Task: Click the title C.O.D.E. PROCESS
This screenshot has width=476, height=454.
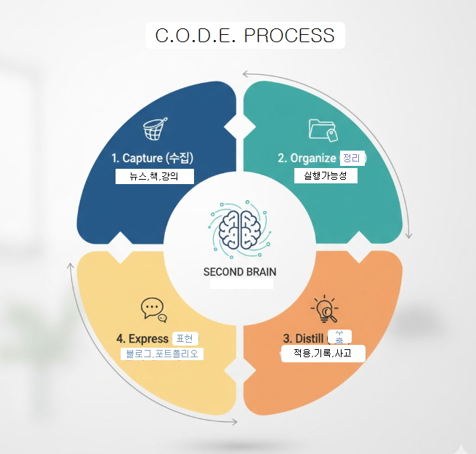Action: point(245,35)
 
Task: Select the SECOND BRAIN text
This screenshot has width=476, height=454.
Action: point(240,273)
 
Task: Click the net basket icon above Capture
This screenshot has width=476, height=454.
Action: point(153,131)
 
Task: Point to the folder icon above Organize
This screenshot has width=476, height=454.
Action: point(323,130)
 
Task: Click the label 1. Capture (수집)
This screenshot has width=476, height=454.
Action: point(152,158)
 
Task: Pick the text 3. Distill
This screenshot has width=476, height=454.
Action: point(303,338)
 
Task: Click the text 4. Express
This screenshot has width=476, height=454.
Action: point(142,338)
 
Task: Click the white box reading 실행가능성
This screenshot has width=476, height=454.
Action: point(325,176)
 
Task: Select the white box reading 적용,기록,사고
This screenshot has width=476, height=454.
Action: point(323,354)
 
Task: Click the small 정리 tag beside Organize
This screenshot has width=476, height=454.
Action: point(352,158)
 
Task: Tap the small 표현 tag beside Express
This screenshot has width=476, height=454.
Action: point(185,338)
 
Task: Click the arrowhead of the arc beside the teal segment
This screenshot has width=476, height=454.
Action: point(409,235)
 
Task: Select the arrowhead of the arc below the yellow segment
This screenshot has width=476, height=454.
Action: point(234,422)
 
